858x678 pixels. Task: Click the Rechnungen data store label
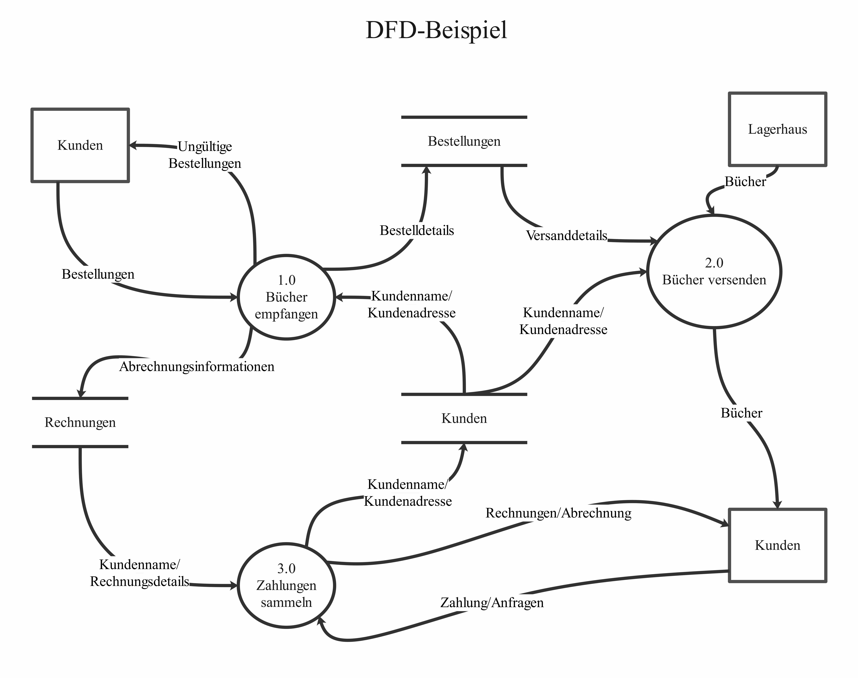pyautogui.click(x=80, y=422)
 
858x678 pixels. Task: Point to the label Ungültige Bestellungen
pyautogui.click(x=205, y=155)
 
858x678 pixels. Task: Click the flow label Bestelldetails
pyautogui.click(x=416, y=230)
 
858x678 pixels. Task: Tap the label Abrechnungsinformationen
pyautogui.click(x=197, y=366)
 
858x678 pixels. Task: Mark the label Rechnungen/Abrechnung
pyautogui.click(x=558, y=513)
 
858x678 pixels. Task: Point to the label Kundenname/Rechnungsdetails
pyautogui.click(x=140, y=573)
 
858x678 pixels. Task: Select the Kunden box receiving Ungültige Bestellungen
pyautogui.click(x=80, y=145)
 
